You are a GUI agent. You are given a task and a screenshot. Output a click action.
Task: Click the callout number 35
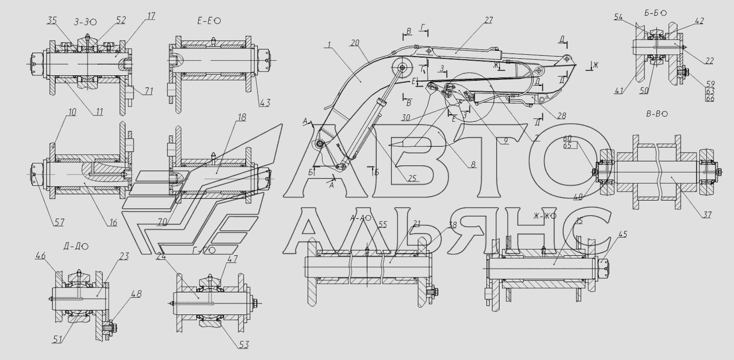tap(52, 21)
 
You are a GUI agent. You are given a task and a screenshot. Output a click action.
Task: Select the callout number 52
tap(121, 20)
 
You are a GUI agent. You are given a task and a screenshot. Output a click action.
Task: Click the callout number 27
tap(487, 20)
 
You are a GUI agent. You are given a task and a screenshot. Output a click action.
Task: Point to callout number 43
tap(265, 102)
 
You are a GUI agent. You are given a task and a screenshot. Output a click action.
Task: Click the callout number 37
tap(706, 215)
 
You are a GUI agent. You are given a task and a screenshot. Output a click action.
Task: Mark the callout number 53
tap(244, 345)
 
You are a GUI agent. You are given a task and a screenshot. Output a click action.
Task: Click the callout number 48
tap(136, 294)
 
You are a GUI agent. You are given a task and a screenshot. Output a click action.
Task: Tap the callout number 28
tap(561, 116)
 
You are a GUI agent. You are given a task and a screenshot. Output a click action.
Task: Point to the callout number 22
tap(710, 61)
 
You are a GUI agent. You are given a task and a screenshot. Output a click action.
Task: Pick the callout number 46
tap(40, 255)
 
